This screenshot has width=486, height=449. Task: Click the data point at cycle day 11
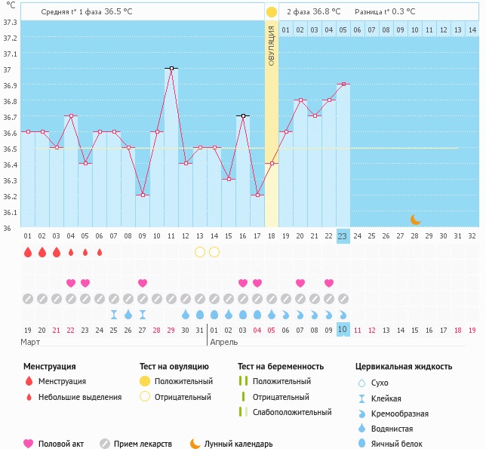pyautogui.click(x=171, y=68)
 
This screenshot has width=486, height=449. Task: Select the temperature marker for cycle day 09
pyautogui.click(x=143, y=195)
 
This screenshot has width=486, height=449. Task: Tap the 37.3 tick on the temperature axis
pyautogui.click(x=10, y=21)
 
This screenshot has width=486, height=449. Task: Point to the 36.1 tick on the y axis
pyautogui.click(x=10, y=211)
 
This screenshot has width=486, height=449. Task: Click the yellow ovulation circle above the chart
pyautogui.click(x=272, y=12)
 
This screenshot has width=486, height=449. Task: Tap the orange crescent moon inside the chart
pyautogui.click(x=415, y=220)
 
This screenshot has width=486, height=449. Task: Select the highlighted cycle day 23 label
pyautogui.click(x=343, y=236)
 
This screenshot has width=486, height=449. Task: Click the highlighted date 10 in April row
pyautogui.click(x=343, y=330)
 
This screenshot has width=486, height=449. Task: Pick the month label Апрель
pyautogui.click(x=224, y=342)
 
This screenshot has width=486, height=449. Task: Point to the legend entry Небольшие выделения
pyautogui.click(x=79, y=397)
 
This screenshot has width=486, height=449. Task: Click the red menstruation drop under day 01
pyautogui.click(x=28, y=252)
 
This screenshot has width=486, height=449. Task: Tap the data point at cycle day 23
pyautogui.click(x=343, y=84)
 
